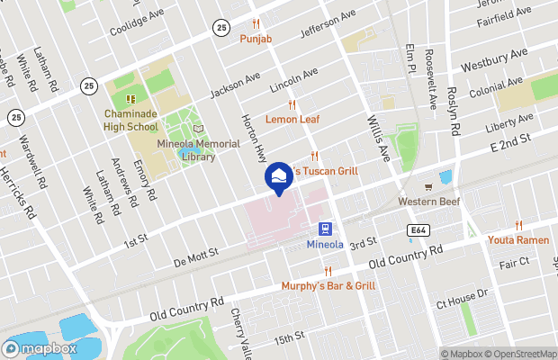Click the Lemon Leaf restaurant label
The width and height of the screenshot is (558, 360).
(x=292, y=119)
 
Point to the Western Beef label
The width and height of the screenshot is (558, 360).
(x=428, y=202)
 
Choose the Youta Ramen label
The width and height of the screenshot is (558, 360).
(x=518, y=239)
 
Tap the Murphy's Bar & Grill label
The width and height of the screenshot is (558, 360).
(x=327, y=285)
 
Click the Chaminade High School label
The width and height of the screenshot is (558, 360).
(x=130, y=121)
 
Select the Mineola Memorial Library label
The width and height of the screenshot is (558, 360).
(x=198, y=150)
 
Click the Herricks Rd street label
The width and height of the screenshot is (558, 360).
(x=17, y=193)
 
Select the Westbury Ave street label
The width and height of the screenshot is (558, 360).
(x=493, y=61)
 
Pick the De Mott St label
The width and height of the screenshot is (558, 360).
(x=195, y=258)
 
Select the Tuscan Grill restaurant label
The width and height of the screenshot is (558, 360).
(x=328, y=171)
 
